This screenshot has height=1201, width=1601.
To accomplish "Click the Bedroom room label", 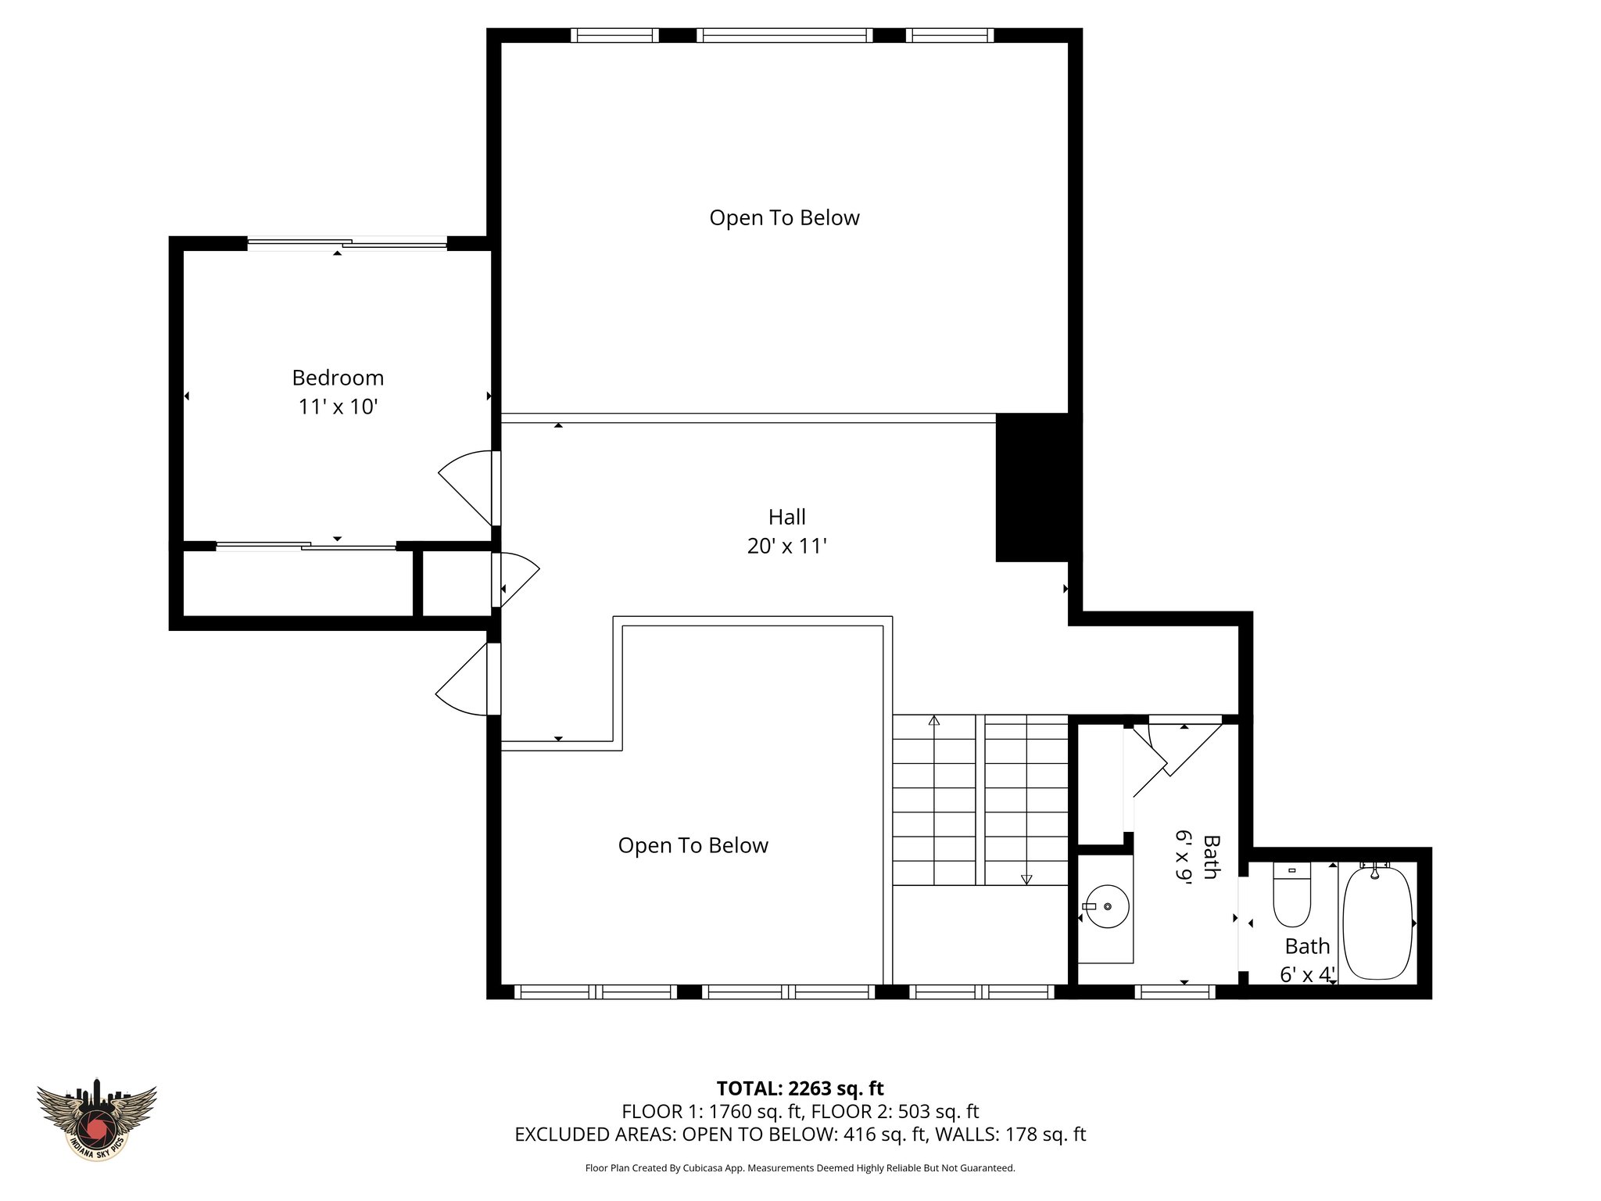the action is pyautogui.click(x=338, y=378).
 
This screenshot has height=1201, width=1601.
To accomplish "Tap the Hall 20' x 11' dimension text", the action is pyautogui.click(x=786, y=546).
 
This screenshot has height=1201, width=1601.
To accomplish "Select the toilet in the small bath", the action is pyautogui.click(x=1291, y=894).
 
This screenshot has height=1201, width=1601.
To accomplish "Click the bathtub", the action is pyautogui.click(x=1377, y=923).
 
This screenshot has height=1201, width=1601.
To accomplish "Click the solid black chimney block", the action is pyautogui.click(x=1032, y=487).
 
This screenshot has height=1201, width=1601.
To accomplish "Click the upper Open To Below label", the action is pyautogui.click(x=784, y=217).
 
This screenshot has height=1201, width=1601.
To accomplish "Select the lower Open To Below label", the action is pyautogui.click(x=693, y=845).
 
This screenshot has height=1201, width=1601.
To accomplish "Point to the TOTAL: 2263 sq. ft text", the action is pyautogui.click(x=800, y=1088).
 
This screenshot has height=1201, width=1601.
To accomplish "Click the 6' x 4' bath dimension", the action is pyautogui.click(x=1307, y=974).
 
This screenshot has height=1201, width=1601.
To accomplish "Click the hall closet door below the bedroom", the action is pyautogui.click(x=516, y=579).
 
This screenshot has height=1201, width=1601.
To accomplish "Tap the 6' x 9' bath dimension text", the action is pyautogui.click(x=1184, y=857).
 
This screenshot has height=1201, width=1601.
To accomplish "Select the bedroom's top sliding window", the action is pyautogui.click(x=347, y=244).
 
